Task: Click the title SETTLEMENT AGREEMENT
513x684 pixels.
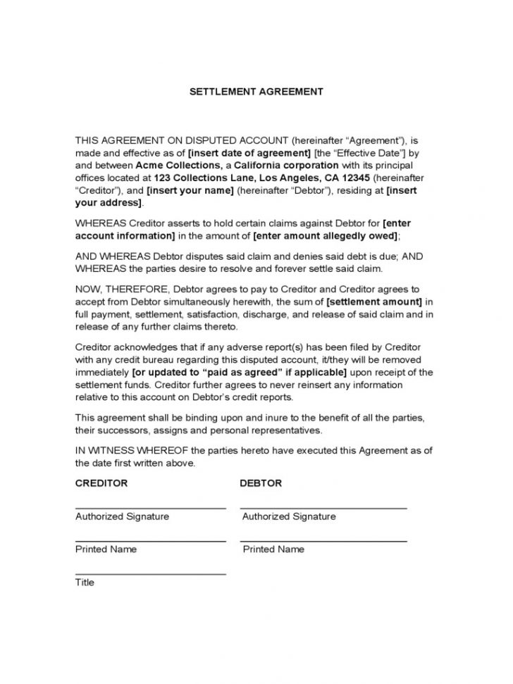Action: [256, 92]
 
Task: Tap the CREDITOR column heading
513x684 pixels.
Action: [101, 483]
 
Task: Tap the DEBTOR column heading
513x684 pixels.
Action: [261, 483]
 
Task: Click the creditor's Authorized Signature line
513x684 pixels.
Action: [150, 508]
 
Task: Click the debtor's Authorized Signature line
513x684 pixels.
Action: [323, 508]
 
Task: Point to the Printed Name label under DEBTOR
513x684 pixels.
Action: [273, 549]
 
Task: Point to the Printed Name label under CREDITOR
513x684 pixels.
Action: [106, 549]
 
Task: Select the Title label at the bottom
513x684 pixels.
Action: [85, 583]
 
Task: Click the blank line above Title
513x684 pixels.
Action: [150, 573]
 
